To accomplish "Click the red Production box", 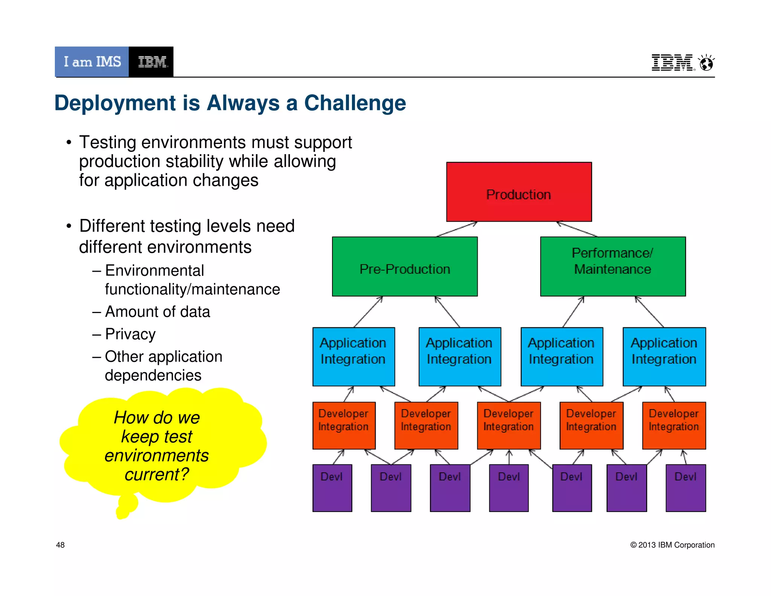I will coord(519,192).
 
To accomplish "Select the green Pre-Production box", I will coord(405,266).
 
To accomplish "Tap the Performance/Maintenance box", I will coord(613,266).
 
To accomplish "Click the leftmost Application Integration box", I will coord(354,356).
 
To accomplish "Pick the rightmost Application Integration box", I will coord(664,356).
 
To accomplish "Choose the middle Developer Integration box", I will coord(509,425).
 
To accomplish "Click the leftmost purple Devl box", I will coord(332,488).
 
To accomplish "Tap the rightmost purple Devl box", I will coord(686,488).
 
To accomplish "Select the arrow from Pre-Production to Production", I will coord(457,229).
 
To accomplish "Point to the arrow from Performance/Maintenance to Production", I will coord(577,229).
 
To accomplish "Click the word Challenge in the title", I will coord(355,103).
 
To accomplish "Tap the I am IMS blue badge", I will coord(92,62).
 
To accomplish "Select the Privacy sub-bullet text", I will coord(130,334).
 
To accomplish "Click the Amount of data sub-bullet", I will coord(157,312).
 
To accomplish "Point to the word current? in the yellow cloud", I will coord(157,474).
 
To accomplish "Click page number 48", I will coord(60,545).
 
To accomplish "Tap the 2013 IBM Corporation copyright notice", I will coord(672,545).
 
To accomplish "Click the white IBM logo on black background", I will coord(151,62).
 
